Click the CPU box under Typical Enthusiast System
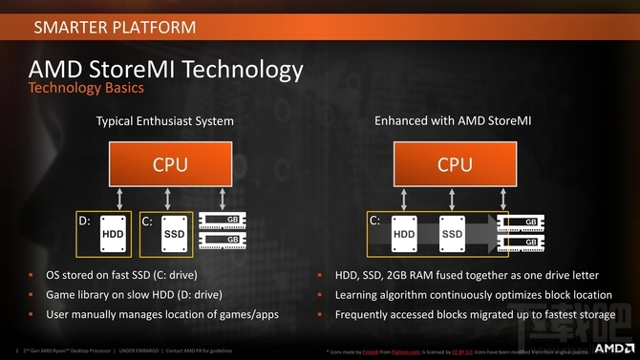point(164,164)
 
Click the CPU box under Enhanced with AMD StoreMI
point(455,164)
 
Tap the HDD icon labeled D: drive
point(114,234)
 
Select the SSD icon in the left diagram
point(174,234)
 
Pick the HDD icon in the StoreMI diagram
point(404,234)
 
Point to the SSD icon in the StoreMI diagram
point(452,234)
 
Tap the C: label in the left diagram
point(147,221)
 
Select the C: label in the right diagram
point(374,221)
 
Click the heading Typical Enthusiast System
point(164,121)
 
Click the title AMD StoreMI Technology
point(166,70)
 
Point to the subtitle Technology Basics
point(86,89)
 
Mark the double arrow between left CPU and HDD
point(116,199)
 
